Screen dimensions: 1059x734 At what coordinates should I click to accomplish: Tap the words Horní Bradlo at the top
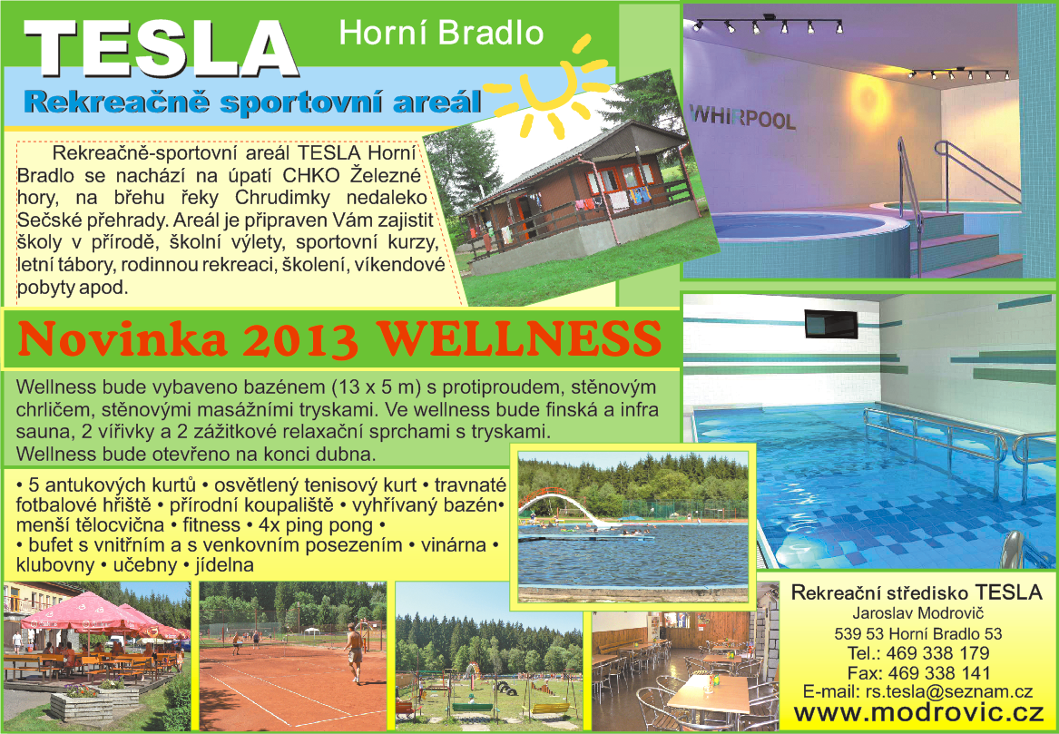click(x=441, y=33)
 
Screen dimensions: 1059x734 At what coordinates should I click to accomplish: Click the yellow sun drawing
click(x=547, y=88)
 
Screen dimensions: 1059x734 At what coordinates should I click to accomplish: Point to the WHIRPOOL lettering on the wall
click(x=742, y=117)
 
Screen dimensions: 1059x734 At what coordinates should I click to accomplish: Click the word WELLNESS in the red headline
click(x=518, y=338)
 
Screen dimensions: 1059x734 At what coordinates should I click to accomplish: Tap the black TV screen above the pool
click(x=830, y=325)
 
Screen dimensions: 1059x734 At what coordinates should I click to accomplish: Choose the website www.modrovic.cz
click(x=918, y=713)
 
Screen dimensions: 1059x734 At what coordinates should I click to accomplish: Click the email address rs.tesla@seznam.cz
click(x=949, y=691)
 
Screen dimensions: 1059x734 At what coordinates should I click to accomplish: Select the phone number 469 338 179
click(x=937, y=653)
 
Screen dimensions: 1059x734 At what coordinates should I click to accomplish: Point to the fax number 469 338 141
click(x=939, y=672)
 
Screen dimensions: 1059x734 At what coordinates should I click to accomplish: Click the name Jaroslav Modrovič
click(x=917, y=613)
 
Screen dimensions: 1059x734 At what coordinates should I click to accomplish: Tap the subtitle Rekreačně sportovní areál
click(x=252, y=102)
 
